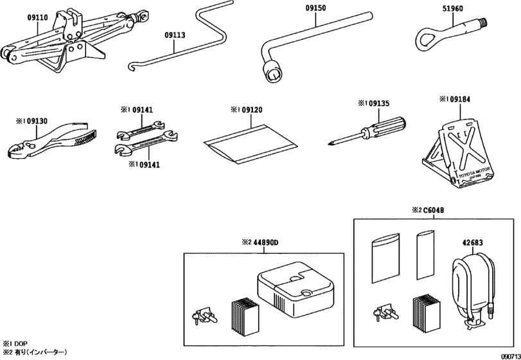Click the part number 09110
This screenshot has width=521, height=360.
point(37,17)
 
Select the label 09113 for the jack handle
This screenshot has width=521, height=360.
point(175,35)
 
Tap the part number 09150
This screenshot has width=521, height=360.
point(315,8)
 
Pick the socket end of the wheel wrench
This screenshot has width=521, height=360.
point(272,72)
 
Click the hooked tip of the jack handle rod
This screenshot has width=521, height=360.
point(131,66)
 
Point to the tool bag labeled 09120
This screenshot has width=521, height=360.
point(250,143)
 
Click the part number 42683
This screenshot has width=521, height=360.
point(473,242)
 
